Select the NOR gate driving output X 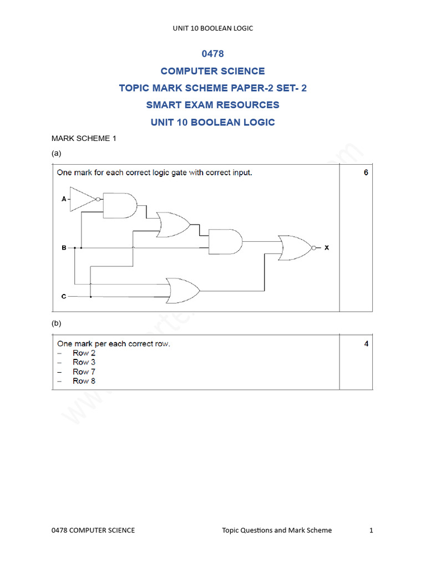pos(296,248)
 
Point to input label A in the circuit pos(64,199)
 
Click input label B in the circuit pos(64,248)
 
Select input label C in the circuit pos(64,297)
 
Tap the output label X pos(327,248)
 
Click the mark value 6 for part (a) pos(366,173)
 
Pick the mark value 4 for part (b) pos(366,343)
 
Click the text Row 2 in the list pos(84,353)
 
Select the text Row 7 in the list pos(84,372)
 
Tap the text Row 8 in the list pos(84,381)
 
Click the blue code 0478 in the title pos(213,54)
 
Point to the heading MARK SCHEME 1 pos(84,139)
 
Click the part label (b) pos(56,323)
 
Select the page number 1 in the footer pos(372,530)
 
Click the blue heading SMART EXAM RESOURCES pos(213,105)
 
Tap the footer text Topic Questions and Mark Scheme pos(277,530)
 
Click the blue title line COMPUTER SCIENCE pos(213,71)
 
